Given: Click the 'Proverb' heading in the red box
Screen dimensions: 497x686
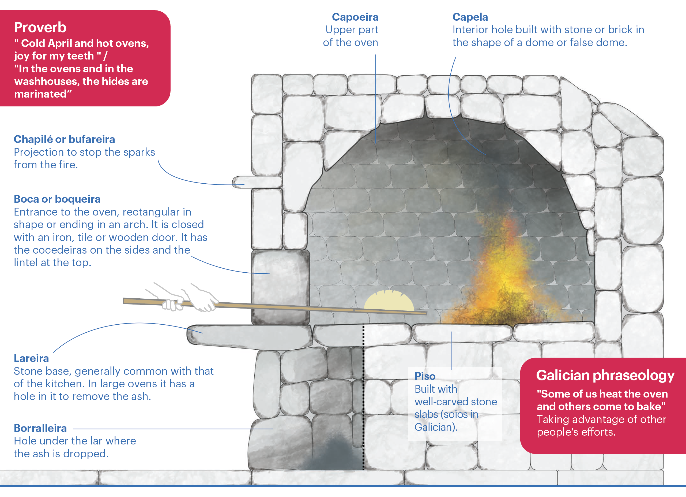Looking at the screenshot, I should click(40, 28).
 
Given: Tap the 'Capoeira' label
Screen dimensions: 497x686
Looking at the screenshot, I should click(355, 17).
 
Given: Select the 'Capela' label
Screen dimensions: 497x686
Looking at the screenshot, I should click(470, 17).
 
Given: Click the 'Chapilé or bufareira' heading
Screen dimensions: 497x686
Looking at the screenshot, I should click(64, 139).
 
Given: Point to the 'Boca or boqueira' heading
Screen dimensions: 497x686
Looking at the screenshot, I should click(57, 199).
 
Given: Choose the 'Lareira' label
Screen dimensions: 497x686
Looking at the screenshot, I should click(31, 358).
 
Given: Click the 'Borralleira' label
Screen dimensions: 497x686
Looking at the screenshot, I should click(40, 428).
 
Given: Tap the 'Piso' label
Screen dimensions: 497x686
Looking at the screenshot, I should click(425, 376).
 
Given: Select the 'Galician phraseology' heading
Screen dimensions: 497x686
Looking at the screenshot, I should click(605, 376).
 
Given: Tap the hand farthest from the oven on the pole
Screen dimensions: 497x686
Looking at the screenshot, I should click(169, 300).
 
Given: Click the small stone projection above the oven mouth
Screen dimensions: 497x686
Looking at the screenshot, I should click(257, 182).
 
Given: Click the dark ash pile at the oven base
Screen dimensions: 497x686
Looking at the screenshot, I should click(333, 454).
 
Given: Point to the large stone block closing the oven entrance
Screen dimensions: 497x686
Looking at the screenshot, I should click(280, 286).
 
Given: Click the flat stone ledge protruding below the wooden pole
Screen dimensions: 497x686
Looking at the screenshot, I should click(248, 336).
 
